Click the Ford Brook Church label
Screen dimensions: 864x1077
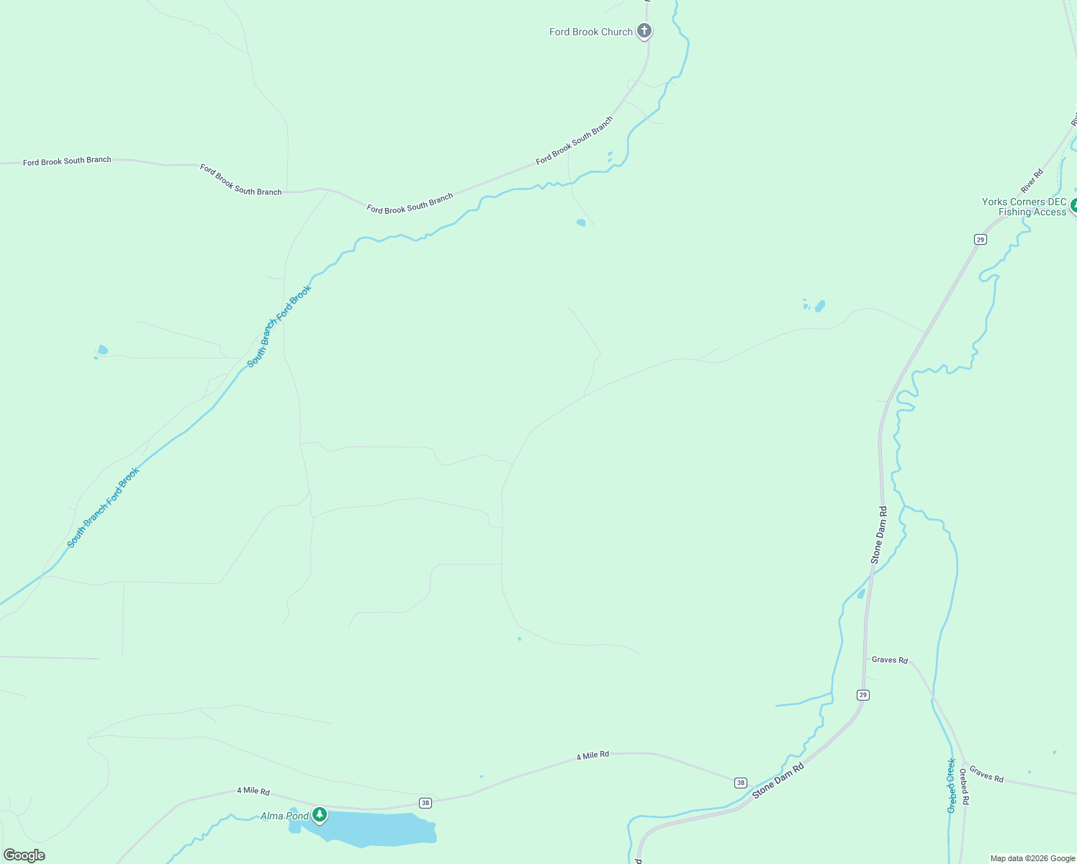pyautogui.click(x=590, y=32)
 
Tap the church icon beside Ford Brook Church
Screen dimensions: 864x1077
pyautogui.click(x=644, y=31)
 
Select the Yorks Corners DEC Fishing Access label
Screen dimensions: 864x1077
pyautogui.click(x=1024, y=207)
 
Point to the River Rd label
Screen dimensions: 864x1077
pyautogui.click(x=1032, y=180)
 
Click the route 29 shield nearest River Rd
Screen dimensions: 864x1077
pyautogui.click(x=980, y=239)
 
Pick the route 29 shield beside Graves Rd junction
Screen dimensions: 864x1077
pyautogui.click(x=863, y=695)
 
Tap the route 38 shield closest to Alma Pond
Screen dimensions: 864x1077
pyautogui.click(x=425, y=803)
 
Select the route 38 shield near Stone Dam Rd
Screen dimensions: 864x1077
pyautogui.click(x=741, y=783)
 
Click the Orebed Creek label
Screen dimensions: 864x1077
pyautogui.click(x=951, y=786)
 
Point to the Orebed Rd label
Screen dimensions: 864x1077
pyautogui.click(x=963, y=787)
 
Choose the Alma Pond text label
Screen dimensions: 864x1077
pyautogui.click(x=284, y=816)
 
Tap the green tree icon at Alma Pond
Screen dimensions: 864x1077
pyautogui.click(x=320, y=814)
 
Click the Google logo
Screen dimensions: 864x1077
pyautogui.click(x=24, y=855)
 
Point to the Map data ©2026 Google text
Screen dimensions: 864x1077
pyautogui.click(x=1032, y=858)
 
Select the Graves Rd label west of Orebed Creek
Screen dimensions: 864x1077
pyautogui.click(x=889, y=660)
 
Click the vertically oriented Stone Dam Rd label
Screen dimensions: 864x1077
pyautogui.click(x=878, y=534)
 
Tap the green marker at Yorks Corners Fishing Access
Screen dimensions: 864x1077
pyautogui.click(x=1073, y=205)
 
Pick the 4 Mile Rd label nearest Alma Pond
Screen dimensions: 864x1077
pyautogui.click(x=253, y=791)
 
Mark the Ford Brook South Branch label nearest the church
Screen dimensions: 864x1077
pyautogui.click(x=574, y=140)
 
